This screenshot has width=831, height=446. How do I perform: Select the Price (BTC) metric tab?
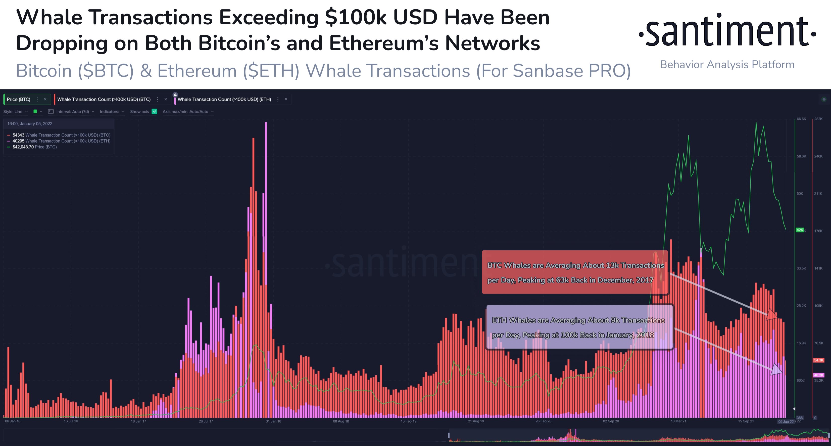[19, 99]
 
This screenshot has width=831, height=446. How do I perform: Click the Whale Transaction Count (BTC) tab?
[104, 99]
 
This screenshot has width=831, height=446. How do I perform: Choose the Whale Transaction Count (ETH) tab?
[224, 99]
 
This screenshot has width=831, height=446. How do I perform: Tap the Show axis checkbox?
[155, 111]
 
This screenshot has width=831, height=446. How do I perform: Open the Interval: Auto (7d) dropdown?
[73, 111]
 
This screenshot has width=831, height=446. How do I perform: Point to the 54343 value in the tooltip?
[18, 135]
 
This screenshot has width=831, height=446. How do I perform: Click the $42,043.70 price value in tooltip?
[23, 147]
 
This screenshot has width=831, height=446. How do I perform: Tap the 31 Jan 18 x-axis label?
[273, 421]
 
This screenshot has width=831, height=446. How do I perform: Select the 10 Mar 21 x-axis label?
[678, 421]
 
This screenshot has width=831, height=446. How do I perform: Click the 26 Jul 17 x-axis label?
[206, 421]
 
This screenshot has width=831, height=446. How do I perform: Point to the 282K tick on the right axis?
[818, 119]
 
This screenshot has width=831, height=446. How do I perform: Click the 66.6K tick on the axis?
[801, 119]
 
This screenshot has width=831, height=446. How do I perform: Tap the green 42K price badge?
[800, 230]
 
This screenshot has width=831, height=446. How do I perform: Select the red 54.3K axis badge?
[818, 360]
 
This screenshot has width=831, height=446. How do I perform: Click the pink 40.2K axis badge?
[818, 375]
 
